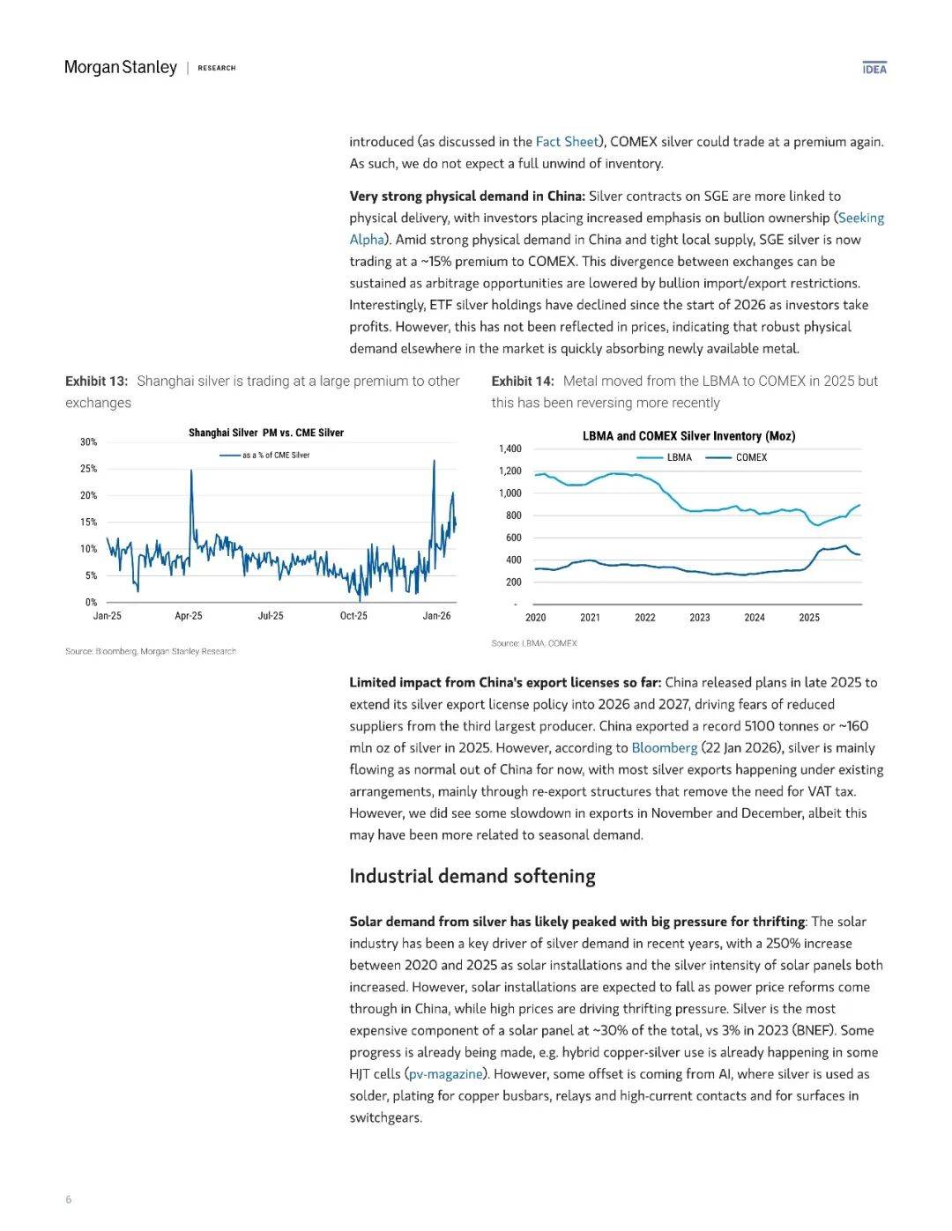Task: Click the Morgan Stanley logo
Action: click(121, 68)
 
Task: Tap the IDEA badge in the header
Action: click(874, 68)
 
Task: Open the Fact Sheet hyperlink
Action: click(567, 142)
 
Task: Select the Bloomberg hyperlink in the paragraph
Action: click(664, 748)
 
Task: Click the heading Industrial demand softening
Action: click(472, 877)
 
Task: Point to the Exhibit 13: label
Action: click(96, 382)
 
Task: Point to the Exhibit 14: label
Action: click(523, 382)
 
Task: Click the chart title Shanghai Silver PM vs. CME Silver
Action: click(266, 433)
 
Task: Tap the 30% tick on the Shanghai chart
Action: click(88, 442)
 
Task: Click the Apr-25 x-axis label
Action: click(189, 616)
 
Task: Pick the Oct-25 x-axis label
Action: click(353, 616)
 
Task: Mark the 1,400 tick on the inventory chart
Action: click(510, 449)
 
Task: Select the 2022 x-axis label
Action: click(645, 618)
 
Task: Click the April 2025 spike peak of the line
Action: click(191, 471)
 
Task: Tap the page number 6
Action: click(69, 1199)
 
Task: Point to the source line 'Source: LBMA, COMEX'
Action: click(534, 643)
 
